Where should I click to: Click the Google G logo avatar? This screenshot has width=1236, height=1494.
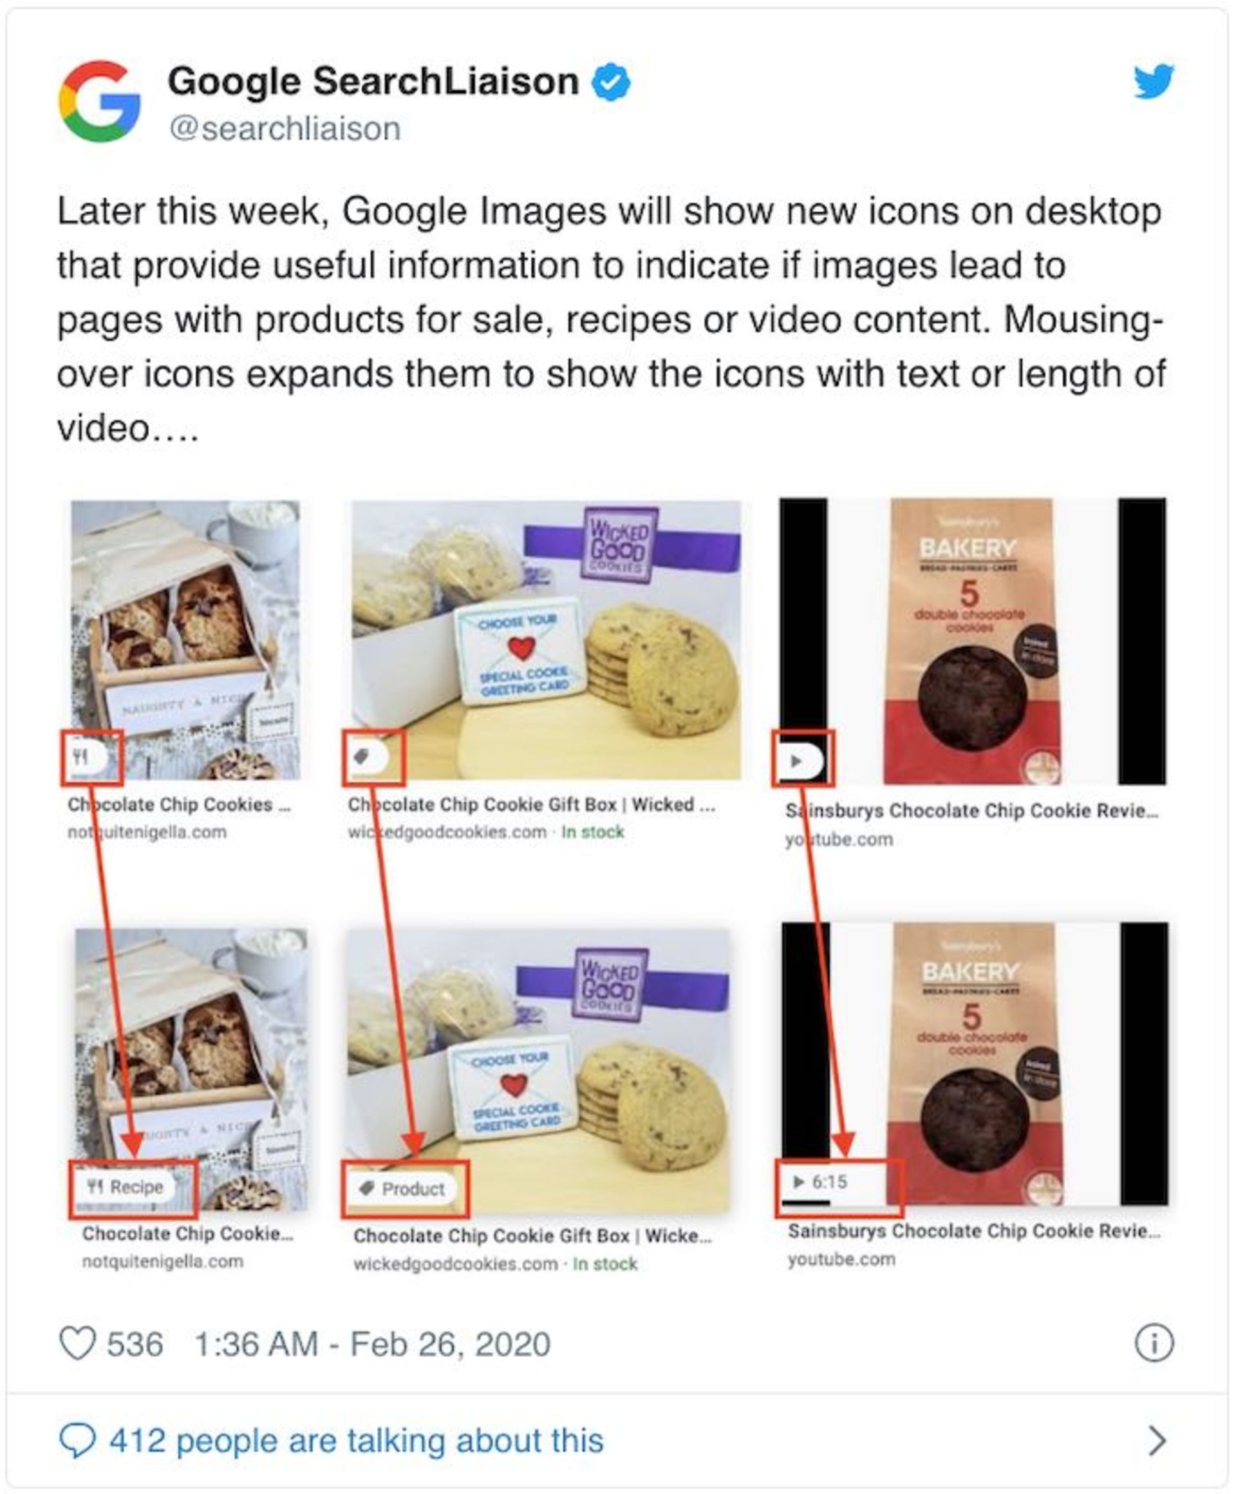pyautogui.click(x=100, y=102)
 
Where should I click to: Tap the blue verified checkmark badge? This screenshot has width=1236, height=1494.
pyautogui.click(x=611, y=82)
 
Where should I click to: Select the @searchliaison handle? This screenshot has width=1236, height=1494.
pyautogui.click(x=285, y=129)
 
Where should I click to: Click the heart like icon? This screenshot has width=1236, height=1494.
pyautogui.click(x=77, y=1344)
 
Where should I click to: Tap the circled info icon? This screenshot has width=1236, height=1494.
pyautogui.click(x=1154, y=1344)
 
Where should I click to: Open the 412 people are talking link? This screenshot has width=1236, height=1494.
pyautogui.click(x=355, y=1441)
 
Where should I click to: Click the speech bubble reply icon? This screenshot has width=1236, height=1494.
pyautogui.click(x=77, y=1441)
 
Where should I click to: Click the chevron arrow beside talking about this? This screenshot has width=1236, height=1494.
pyautogui.click(x=1157, y=1441)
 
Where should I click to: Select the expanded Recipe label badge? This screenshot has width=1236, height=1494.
pyautogui.click(x=125, y=1187)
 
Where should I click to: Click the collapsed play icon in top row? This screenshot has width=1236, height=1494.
pyautogui.click(x=797, y=761)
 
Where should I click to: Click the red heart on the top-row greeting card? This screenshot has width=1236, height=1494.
pyautogui.click(x=521, y=647)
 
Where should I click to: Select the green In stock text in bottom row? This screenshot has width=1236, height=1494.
pyautogui.click(x=604, y=1264)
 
